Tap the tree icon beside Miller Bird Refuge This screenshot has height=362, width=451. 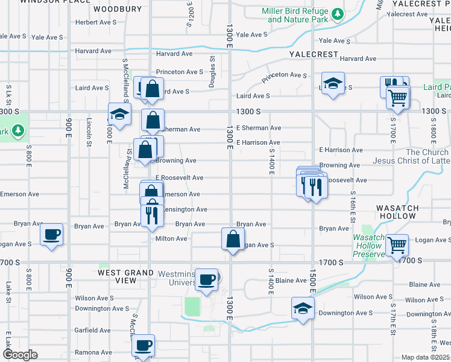click(x=338, y=13)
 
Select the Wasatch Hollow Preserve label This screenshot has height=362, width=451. click(x=369, y=246)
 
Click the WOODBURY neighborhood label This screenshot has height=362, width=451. click(x=118, y=9)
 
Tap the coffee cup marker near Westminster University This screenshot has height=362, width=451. click(x=207, y=279)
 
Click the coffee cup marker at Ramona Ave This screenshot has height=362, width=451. click(x=143, y=346)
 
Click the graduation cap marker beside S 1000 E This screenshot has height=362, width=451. click(x=120, y=113)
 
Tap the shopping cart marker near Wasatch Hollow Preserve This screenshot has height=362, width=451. click(x=397, y=245)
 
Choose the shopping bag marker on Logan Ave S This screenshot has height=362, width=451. click(x=233, y=239)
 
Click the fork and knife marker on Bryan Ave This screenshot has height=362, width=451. click(x=152, y=215)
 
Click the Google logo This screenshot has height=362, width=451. click(x=20, y=355)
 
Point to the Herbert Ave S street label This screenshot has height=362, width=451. click(x=95, y=22)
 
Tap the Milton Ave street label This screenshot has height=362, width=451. click(x=171, y=238)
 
